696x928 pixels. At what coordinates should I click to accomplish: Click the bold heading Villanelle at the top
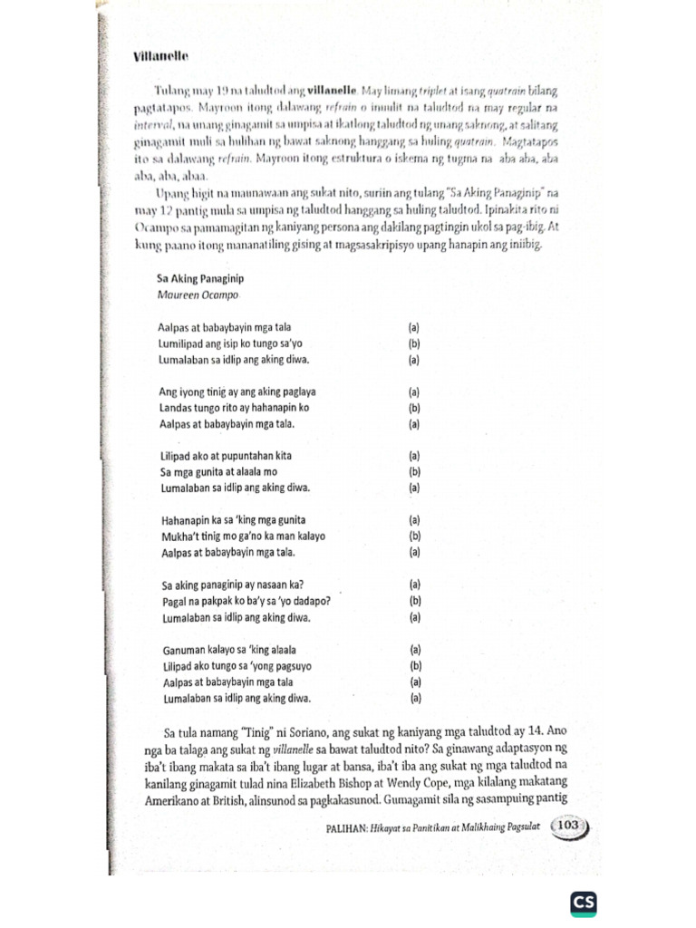coord(159,56)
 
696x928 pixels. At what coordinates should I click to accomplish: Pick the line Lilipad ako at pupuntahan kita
coord(226,456)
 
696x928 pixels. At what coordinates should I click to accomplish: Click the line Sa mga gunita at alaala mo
coord(218,472)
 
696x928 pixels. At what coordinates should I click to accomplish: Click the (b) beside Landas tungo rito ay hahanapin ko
coord(414,409)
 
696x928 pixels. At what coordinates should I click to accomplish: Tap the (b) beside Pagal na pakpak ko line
coord(414,601)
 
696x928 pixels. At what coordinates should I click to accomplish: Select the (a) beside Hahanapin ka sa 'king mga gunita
coord(414,520)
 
